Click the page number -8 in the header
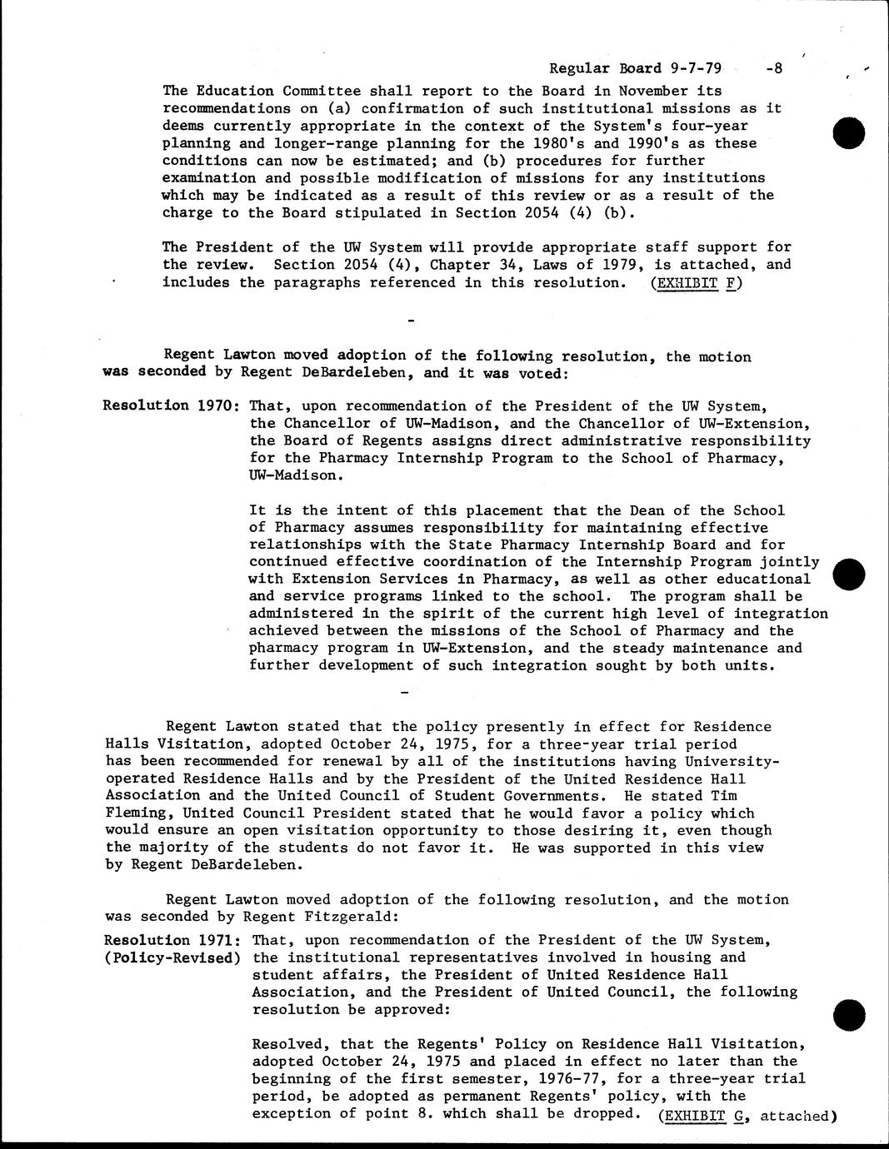773,69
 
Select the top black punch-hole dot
849,132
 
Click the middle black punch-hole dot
849,573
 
